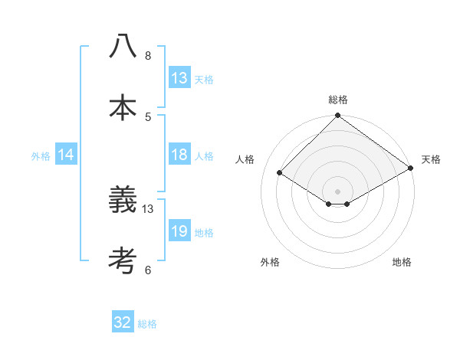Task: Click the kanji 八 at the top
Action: (123, 47)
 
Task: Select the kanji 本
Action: (123, 108)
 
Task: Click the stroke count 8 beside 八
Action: (148, 55)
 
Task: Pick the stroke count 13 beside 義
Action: (148, 208)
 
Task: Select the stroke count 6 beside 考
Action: (148, 270)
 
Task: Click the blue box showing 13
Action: (179, 77)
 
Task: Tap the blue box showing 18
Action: (179, 155)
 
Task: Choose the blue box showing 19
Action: (179, 231)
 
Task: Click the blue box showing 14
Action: (66, 155)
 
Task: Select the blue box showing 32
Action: (123, 322)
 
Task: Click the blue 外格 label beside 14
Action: (41, 155)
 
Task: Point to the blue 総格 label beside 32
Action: (147, 324)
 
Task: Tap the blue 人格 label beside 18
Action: (204, 155)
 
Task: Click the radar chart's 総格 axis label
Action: (338, 100)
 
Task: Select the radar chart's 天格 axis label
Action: (431, 159)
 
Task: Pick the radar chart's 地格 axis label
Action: (402, 262)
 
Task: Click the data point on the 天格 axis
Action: (411, 167)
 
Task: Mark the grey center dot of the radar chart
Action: (338, 191)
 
